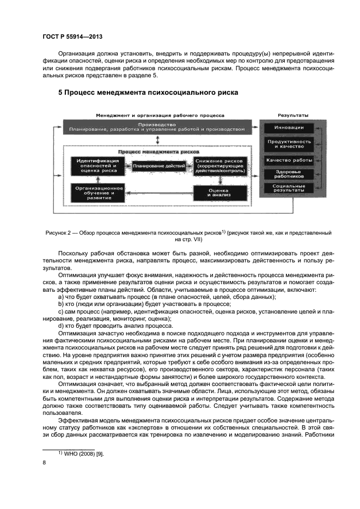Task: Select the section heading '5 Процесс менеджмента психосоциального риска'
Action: (148, 93)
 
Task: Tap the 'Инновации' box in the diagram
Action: (289, 128)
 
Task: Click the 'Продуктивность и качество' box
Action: (289, 144)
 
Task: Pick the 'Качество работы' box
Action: (289, 160)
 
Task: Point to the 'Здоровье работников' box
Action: (289, 175)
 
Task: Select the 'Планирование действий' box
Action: (158, 165)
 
